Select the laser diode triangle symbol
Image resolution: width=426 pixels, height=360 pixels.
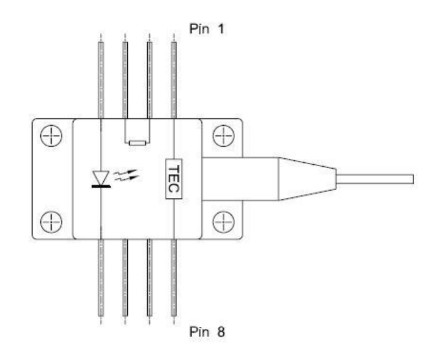(100, 177)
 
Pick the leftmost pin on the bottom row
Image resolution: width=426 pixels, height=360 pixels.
(100, 278)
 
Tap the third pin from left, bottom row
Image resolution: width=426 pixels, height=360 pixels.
(150, 278)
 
